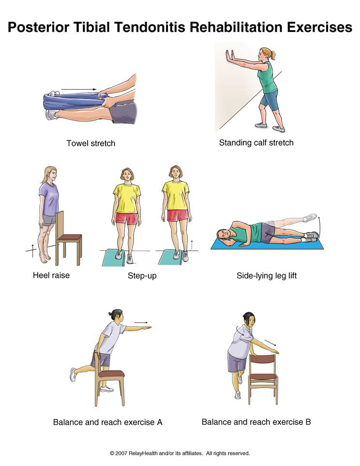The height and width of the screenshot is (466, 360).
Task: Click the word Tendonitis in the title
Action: (150, 27)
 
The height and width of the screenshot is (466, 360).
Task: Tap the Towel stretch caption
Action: (90, 143)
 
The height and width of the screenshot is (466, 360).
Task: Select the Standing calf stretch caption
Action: (256, 143)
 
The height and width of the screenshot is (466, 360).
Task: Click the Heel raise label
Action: (51, 275)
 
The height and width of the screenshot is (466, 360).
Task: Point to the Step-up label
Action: (142, 276)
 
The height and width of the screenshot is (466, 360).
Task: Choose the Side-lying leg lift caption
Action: (267, 276)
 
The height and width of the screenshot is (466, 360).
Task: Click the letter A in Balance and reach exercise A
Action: (159, 422)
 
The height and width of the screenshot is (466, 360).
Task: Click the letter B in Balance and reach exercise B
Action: (308, 421)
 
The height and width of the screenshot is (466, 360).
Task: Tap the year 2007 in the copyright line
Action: (121, 453)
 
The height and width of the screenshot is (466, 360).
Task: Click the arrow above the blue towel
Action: (79, 89)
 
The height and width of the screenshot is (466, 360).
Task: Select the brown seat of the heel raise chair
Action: (69, 237)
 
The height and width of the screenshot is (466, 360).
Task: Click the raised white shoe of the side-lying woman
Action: (310, 218)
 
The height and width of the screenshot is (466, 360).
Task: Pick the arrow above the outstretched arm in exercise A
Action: (141, 322)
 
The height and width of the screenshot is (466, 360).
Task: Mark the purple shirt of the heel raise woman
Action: (49, 199)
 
